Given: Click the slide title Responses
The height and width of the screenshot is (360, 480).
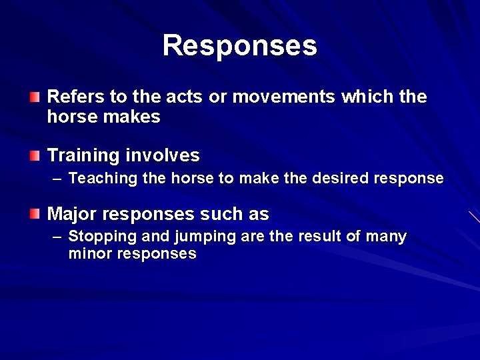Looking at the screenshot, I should (x=240, y=45).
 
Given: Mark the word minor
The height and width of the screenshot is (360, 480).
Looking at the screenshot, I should (x=89, y=254).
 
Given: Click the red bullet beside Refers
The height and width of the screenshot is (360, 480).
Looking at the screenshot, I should (x=35, y=97).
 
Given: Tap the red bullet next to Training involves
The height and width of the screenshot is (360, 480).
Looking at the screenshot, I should (x=35, y=156).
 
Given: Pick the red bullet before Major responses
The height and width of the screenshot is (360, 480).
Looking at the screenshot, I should (x=35, y=215).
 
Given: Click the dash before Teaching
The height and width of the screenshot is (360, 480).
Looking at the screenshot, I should (x=57, y=179).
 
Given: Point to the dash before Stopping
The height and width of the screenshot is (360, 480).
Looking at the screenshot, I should (x=57, y=237).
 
